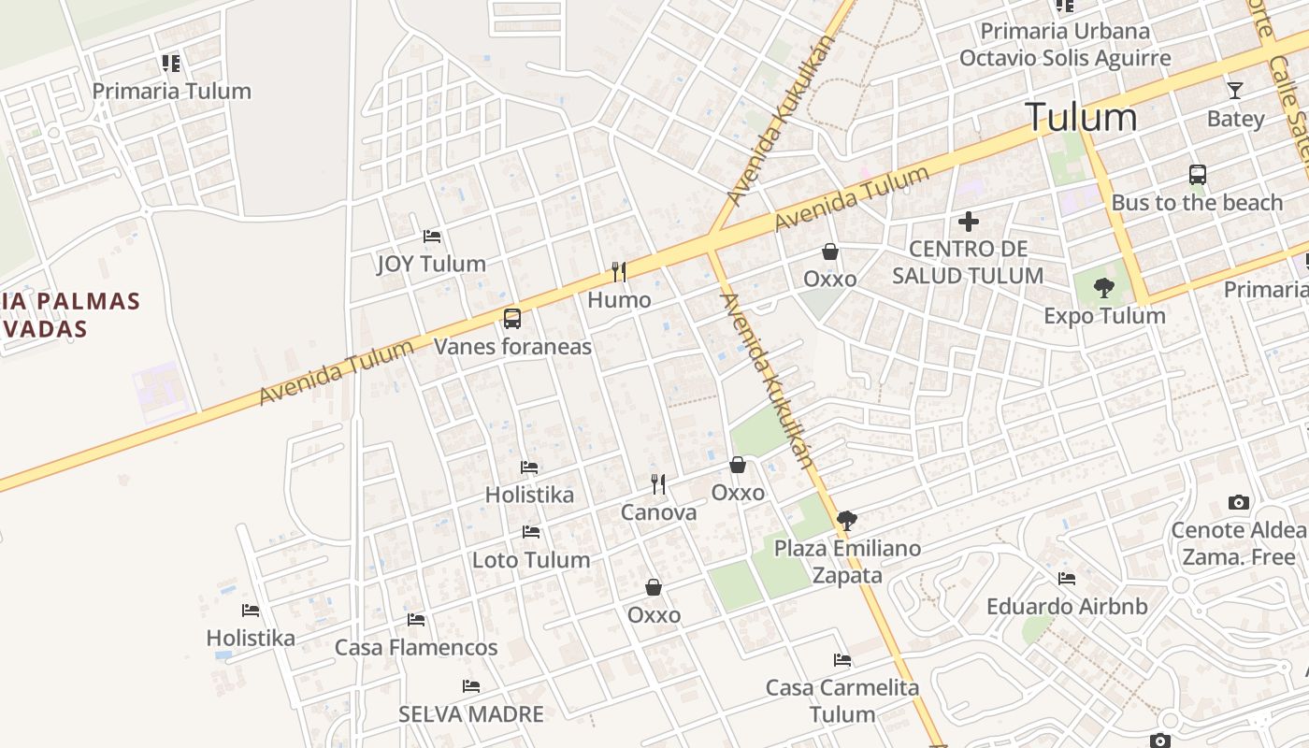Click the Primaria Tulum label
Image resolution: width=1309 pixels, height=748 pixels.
(x=171, y=92)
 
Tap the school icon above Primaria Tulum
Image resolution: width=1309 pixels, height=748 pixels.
(x=170, y=64)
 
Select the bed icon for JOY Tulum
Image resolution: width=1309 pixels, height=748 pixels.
(x=431, y=236)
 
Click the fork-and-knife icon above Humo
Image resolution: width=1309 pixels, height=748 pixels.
(x=618, y=272)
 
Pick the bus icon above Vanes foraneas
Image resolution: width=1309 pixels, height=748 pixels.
(x=512, y=318)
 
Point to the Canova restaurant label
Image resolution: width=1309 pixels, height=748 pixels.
(x=658, y=512)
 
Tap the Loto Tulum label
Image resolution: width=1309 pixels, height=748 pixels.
(x=531, y=560)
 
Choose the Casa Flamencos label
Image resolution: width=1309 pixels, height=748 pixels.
(x=416, y=647)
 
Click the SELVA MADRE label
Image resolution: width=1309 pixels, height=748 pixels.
(x=471, y=714)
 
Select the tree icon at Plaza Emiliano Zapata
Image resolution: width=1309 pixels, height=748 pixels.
(x=847, y=520)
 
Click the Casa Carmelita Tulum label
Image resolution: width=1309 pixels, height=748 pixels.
(x=842, y=700)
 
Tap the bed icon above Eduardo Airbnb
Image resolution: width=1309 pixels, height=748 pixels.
(x=1067, y=579)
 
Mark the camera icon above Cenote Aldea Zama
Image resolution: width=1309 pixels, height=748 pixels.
(x=1239, y=502)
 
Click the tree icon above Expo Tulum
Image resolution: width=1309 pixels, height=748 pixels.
(x=1104, y=287)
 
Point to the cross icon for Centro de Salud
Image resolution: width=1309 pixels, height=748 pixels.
(x=969, y=222)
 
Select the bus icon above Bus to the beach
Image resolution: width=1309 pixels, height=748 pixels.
(x=1197, y=175)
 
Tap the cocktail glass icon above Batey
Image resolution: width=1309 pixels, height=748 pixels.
(x=1235, y=91)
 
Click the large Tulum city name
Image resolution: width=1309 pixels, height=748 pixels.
(x=1081, y=118)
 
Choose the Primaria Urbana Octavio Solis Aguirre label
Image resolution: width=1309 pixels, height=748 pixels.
(x=1065, y=45)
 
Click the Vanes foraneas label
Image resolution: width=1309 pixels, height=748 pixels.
(x=512, y=347)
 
